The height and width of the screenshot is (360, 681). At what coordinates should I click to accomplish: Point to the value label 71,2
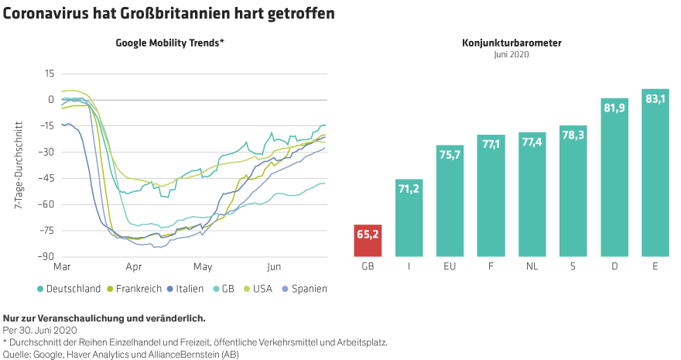408,189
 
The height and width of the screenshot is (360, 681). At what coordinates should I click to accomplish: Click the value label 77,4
532,143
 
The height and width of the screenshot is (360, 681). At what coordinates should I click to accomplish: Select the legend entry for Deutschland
70,289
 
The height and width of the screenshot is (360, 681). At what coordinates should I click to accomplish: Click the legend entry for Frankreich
135,289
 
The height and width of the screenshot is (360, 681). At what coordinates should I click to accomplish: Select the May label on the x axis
204,266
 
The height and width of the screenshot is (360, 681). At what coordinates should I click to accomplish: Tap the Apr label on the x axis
133,266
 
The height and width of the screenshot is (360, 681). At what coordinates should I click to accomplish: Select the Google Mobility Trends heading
169,43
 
